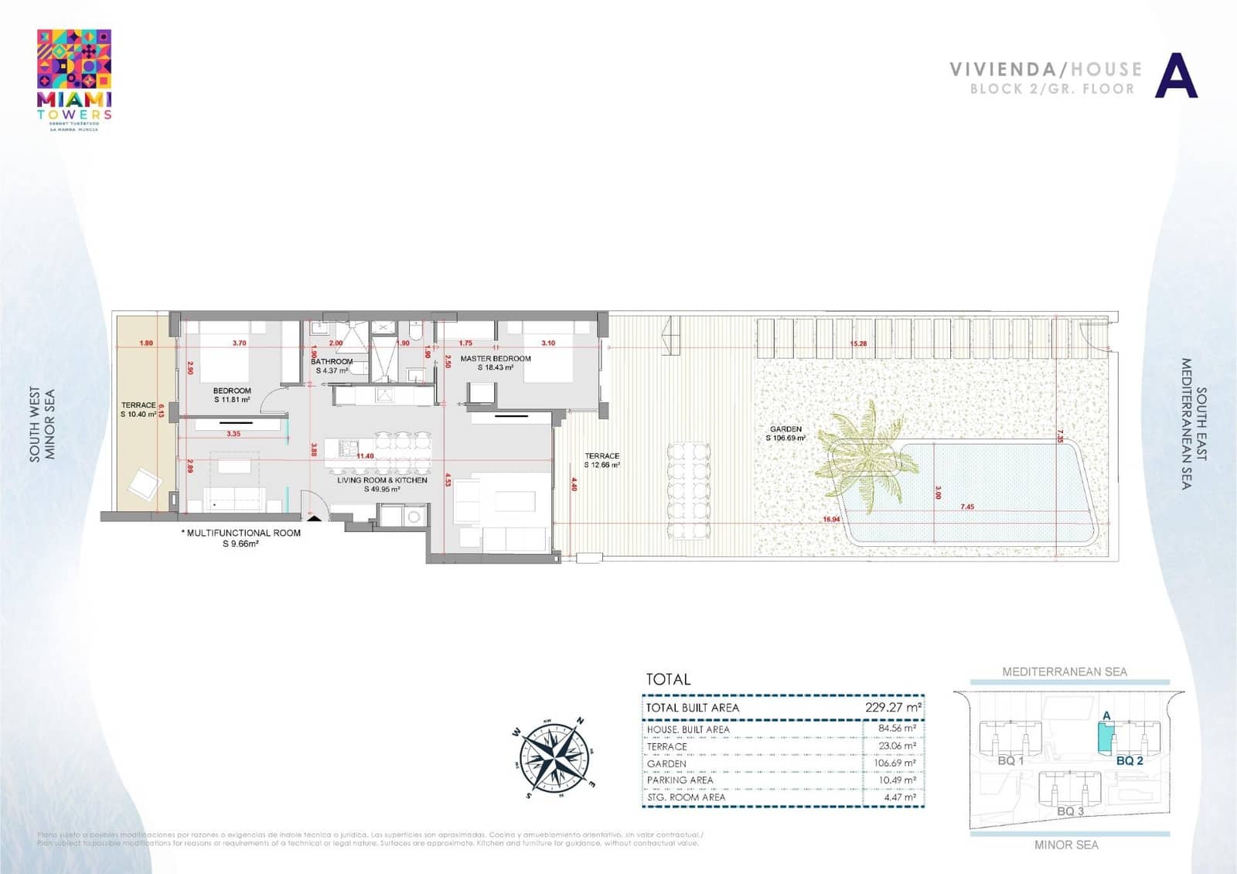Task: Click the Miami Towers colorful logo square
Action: click(x=74, y=60)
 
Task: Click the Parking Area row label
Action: click(x=680, y=780)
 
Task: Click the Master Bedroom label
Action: click(x=496, y=359)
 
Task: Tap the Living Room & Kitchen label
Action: click(x=382, y=480)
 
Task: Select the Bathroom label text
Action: click(x=332, y=361)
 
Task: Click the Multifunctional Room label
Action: click(x=242, y=533)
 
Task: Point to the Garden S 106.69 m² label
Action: click(x=785, y=433)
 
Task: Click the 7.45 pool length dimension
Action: click(x=967, y=507)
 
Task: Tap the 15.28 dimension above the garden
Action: click(x=858, y=343)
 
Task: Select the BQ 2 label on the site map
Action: click(x=1129, y=760)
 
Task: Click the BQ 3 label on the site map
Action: click(x=1070, y=811)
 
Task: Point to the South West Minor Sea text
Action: click(x=42, y=425)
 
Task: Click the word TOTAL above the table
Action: click(x=668, y=679)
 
